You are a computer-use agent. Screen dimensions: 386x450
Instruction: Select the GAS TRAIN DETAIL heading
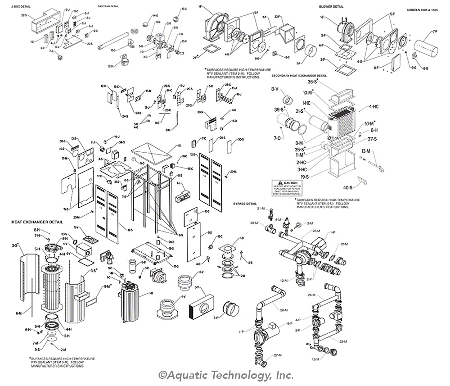click(108, 7)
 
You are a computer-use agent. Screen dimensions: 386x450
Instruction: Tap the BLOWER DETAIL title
click(331, 7)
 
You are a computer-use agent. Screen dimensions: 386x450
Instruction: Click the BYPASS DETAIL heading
click(244, 204)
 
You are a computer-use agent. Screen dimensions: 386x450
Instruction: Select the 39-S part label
click(280, 110)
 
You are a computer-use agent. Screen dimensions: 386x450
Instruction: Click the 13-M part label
click(366, 151)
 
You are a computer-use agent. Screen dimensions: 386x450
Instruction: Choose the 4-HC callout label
click(373, 106)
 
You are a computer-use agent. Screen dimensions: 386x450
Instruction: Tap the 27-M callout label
click(277, 355)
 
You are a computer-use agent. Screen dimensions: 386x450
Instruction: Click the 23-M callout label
click(254, 223)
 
